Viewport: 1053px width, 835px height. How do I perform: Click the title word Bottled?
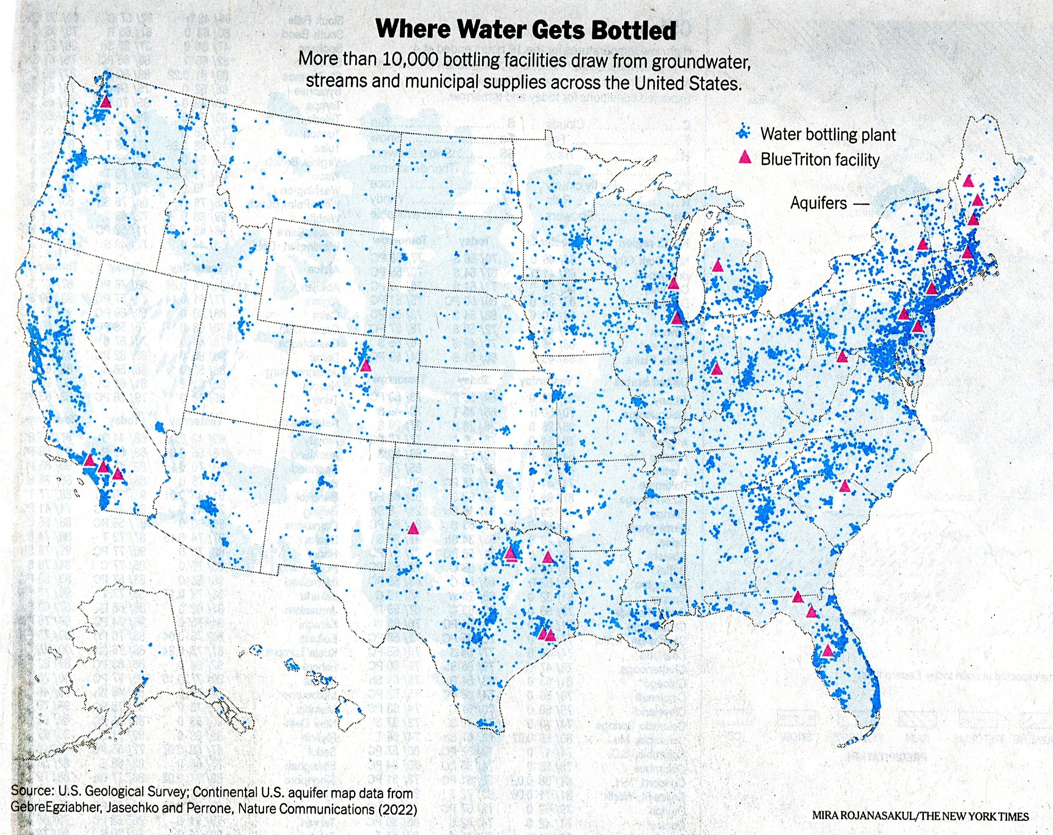[x=633, y=30]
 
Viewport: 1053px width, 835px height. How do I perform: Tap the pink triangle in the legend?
[x=744, y=157]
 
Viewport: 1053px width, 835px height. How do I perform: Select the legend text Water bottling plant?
[x=828, y=134]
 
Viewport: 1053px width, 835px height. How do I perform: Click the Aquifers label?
[x=819, y=203]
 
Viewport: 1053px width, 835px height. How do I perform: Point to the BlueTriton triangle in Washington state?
[x=105, y=102]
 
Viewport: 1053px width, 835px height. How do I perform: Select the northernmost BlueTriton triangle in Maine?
[x=968, y=182]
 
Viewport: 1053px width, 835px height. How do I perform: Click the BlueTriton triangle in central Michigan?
[x=717, y=266]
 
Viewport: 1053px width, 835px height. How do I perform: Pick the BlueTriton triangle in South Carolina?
[x=844, y=486]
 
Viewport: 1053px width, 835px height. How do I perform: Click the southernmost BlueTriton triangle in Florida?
[x=827, y=650]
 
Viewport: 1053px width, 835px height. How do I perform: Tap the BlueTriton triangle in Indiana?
[x=716, y=369]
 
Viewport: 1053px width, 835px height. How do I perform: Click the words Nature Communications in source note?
[x=306, y=809]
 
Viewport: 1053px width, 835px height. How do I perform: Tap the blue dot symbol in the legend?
[x=744, y=132]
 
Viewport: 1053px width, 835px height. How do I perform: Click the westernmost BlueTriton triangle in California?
[x=89, y=460]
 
